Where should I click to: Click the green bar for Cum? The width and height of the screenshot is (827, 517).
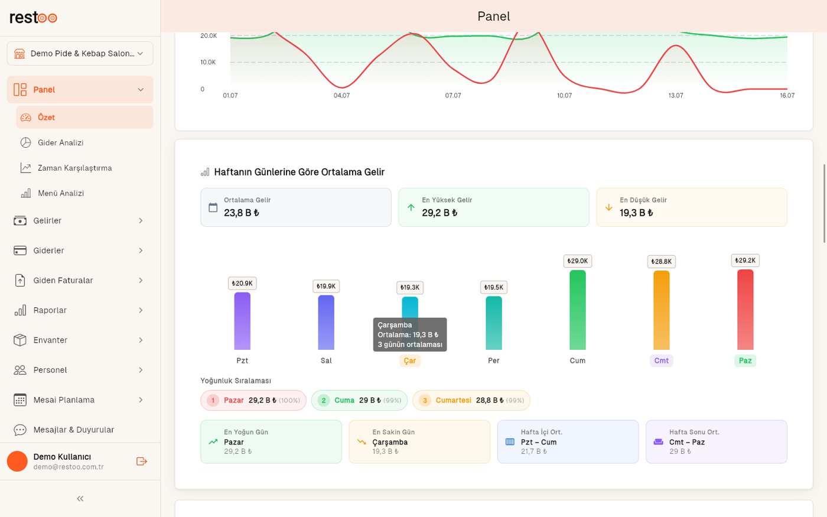click(x=578, y=310)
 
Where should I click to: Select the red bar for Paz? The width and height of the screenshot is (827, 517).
click(x=745, y=310)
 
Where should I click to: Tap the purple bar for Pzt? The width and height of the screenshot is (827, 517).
click(x=242, y=321)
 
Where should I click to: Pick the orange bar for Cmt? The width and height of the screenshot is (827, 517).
click(x=661, y=310)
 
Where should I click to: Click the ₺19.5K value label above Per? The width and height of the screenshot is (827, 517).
click(x=494, y=287)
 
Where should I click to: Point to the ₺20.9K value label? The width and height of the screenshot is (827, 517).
click(x=242, y=283)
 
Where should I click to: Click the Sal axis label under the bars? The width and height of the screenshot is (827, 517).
click(x=326, y=360)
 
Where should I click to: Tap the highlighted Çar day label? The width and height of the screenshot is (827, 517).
click(x=410, y=360)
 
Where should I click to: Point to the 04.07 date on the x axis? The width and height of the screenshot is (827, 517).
click(x=341, y=95)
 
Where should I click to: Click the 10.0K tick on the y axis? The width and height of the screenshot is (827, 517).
click(x=208, y=62)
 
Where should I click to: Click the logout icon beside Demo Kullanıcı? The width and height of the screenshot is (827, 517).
click(x=141, y=461)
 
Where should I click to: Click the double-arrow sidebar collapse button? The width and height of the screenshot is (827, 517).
click(x=80, y=499)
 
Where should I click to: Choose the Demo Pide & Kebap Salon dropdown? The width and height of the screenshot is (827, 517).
click(x=80, y=54)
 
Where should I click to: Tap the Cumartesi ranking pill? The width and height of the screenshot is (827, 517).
click(x=471, y=401)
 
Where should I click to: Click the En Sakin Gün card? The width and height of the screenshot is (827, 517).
click(x=419, y=442)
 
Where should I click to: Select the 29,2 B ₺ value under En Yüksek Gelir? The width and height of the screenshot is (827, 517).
click(x=439, y=213)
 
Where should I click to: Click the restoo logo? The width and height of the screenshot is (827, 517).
click(x=33, y=17)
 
